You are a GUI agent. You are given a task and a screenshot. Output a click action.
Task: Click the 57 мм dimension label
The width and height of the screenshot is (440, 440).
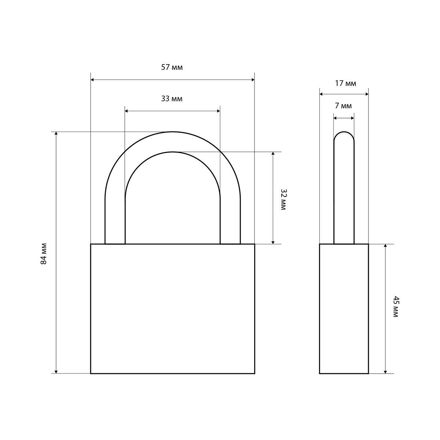172,67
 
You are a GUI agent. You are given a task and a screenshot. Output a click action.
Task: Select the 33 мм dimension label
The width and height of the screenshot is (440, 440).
172,99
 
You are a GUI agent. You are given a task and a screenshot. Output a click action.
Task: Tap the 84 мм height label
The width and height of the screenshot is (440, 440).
44,254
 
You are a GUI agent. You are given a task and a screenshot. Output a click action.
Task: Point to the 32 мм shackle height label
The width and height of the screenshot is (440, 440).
283,199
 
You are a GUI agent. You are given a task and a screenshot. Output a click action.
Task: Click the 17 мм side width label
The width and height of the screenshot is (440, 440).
345,83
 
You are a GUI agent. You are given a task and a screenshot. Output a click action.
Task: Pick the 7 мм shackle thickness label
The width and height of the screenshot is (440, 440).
343,106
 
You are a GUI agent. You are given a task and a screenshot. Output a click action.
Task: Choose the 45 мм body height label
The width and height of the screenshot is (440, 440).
396,307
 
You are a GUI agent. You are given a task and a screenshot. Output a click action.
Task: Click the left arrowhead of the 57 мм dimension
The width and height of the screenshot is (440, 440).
92,80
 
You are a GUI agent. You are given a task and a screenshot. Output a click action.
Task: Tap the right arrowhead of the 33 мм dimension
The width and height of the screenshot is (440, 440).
219,111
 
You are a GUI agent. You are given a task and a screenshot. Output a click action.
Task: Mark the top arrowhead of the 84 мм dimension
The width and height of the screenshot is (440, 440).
56,133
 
